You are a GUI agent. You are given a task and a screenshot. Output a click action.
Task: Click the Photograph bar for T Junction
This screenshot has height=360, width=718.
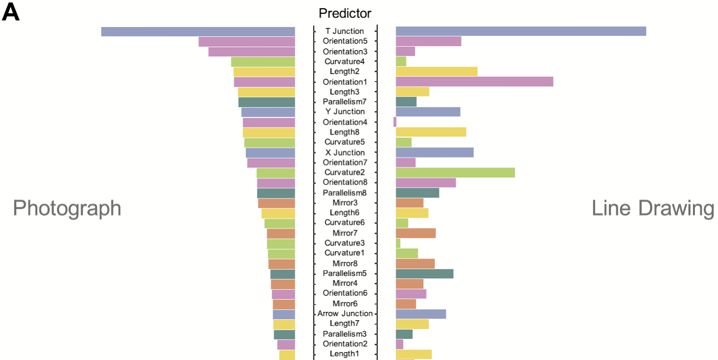click(198, 31)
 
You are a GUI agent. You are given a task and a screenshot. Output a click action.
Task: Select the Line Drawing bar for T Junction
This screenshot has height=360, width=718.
click(520, 31)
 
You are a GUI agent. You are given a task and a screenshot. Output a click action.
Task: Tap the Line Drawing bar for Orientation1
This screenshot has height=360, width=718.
click(474, 82)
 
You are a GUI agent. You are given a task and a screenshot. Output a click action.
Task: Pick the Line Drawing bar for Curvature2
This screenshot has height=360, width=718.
click(455, 172)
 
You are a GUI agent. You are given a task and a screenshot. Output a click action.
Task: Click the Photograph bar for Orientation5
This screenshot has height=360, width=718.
click(247, 42)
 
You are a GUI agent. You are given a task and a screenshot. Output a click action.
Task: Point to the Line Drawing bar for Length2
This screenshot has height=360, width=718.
click(436, 72)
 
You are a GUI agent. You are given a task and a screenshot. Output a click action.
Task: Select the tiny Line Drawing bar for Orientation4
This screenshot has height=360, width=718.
click(395, 122)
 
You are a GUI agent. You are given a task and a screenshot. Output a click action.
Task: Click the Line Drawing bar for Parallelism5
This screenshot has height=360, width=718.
click(425, 274)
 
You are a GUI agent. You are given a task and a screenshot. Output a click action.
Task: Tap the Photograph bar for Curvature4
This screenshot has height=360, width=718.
click(263, 62)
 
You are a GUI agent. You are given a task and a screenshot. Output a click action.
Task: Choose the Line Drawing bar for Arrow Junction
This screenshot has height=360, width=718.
click(421, 314)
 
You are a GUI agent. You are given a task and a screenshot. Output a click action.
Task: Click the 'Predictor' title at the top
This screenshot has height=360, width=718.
click(345, 13)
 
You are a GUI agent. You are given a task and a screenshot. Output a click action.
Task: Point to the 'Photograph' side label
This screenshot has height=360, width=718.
click(67, 208)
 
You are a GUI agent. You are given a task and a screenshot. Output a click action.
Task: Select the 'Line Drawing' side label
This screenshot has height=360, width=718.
click(653, 208)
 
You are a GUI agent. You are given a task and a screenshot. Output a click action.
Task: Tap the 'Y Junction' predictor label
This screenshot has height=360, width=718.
click(345, 112)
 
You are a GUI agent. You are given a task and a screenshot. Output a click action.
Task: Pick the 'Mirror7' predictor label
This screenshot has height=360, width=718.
click(345, 233)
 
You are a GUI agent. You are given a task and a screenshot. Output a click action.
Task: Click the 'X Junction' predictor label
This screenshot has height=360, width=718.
click(345, 152)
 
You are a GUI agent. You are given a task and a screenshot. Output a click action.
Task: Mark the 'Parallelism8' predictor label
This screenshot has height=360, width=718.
click(345, 193)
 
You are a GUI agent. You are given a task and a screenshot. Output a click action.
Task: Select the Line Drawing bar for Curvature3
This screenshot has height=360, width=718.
click(398, 243)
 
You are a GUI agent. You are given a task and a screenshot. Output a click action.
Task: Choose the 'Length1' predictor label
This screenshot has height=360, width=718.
click(345, 354)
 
